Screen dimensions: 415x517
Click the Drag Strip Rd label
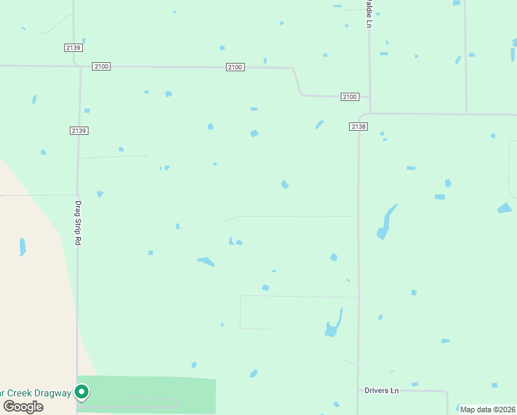(78, 221)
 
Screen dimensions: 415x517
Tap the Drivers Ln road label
(382, 391)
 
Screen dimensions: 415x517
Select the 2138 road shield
(358, 127)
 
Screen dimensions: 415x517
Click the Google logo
(23, 407)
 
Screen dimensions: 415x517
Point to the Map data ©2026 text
(488, 409)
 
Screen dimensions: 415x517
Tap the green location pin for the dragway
(82, 393)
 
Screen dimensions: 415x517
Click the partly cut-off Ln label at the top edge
(369, 14)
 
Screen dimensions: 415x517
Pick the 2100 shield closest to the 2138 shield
(350, 97)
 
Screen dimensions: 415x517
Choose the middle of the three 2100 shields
(235, 67)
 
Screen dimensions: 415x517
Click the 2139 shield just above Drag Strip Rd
(79, 131)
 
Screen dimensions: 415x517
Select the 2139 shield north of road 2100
(73, 47)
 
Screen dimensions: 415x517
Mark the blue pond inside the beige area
(23, 246)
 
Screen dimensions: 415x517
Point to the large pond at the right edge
(505, 207)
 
